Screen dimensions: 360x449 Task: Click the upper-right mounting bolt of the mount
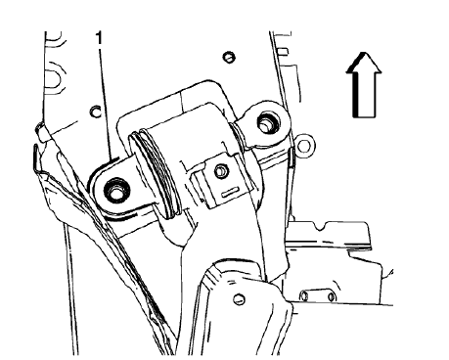pyautogui.click(x=265, y=122)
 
